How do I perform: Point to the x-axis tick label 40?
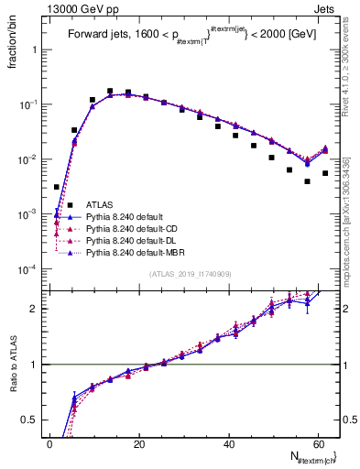tap(228, 443)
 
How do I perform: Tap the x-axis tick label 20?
tap(139, 443)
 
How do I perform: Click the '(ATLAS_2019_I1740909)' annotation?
tap(189, 273)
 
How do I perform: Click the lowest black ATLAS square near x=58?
tap(308, 181)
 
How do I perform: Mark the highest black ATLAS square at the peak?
tap(110, 92)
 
